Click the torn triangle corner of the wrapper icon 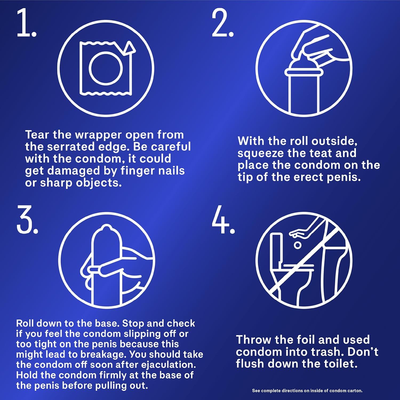pyautogui.click(x=130, y=48)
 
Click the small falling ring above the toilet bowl pyautogui.click(x=297, y=245)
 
